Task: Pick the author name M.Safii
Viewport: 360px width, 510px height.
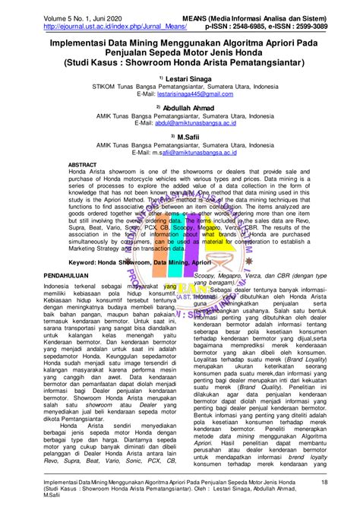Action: [188, 137]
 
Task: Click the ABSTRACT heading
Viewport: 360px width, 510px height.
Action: [82, 165]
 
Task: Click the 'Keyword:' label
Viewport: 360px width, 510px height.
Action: [84, 260]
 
